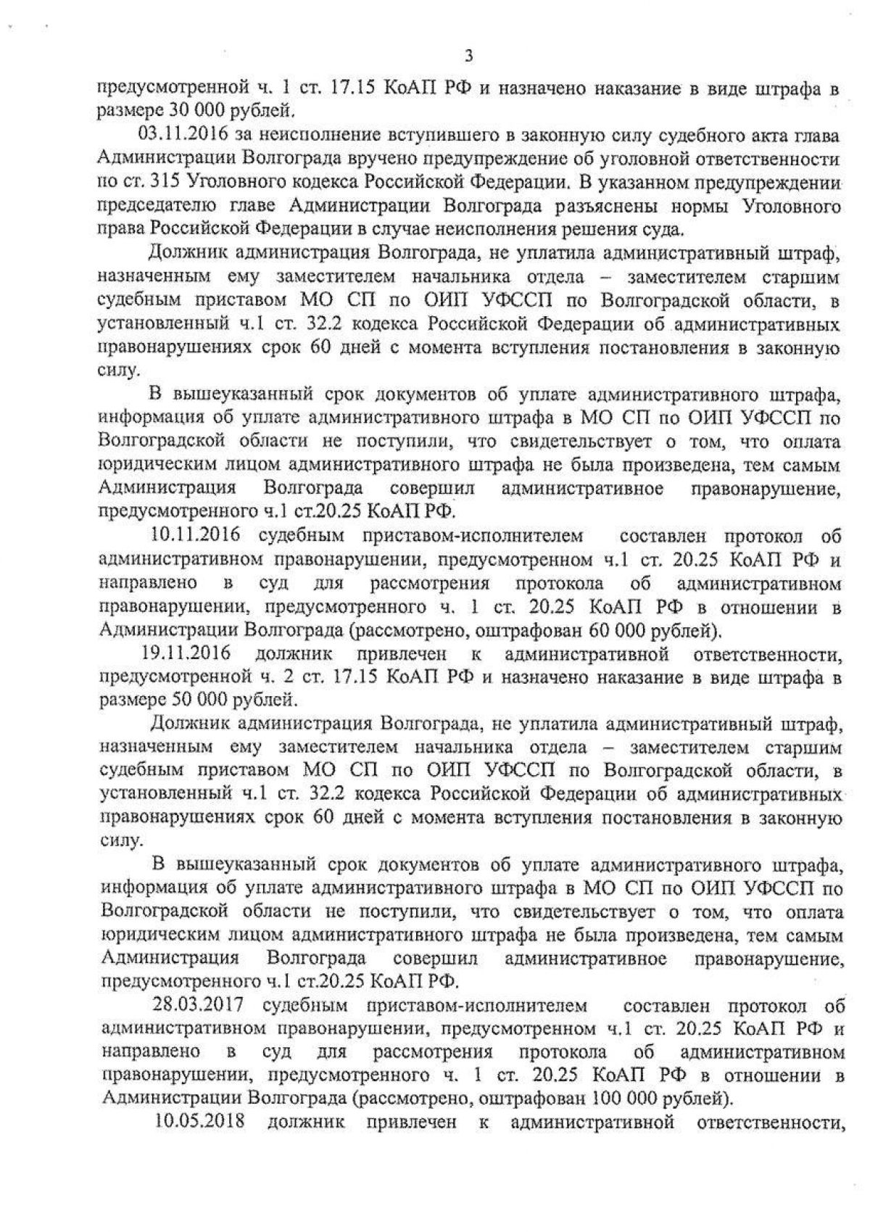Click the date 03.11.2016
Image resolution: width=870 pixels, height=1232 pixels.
point(173,135)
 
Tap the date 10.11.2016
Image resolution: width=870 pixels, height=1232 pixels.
point(191,537)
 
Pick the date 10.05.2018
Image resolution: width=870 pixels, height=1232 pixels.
point(199,1123)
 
